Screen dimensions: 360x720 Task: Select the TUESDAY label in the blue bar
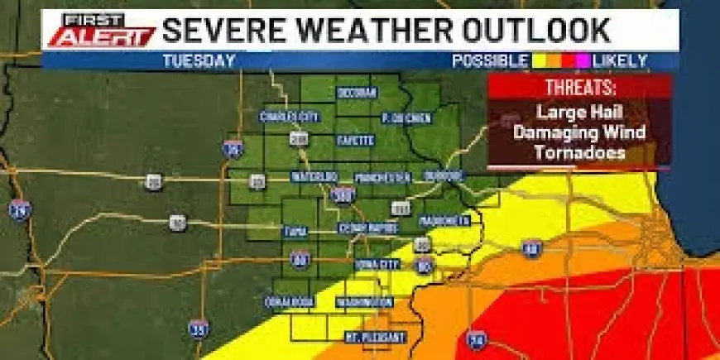(x=199, y=60)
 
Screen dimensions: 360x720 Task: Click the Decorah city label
(x=357, y=93)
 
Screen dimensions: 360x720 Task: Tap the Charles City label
(x=289, y=117)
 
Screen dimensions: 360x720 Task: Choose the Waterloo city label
(x=314, y=177)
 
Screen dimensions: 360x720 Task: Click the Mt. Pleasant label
(x=376, y=338)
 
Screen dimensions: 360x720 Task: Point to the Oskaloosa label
(x=289, y=302)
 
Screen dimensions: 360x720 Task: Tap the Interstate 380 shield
(x=341, y=195)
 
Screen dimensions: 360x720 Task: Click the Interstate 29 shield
(x=20, y=209)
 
